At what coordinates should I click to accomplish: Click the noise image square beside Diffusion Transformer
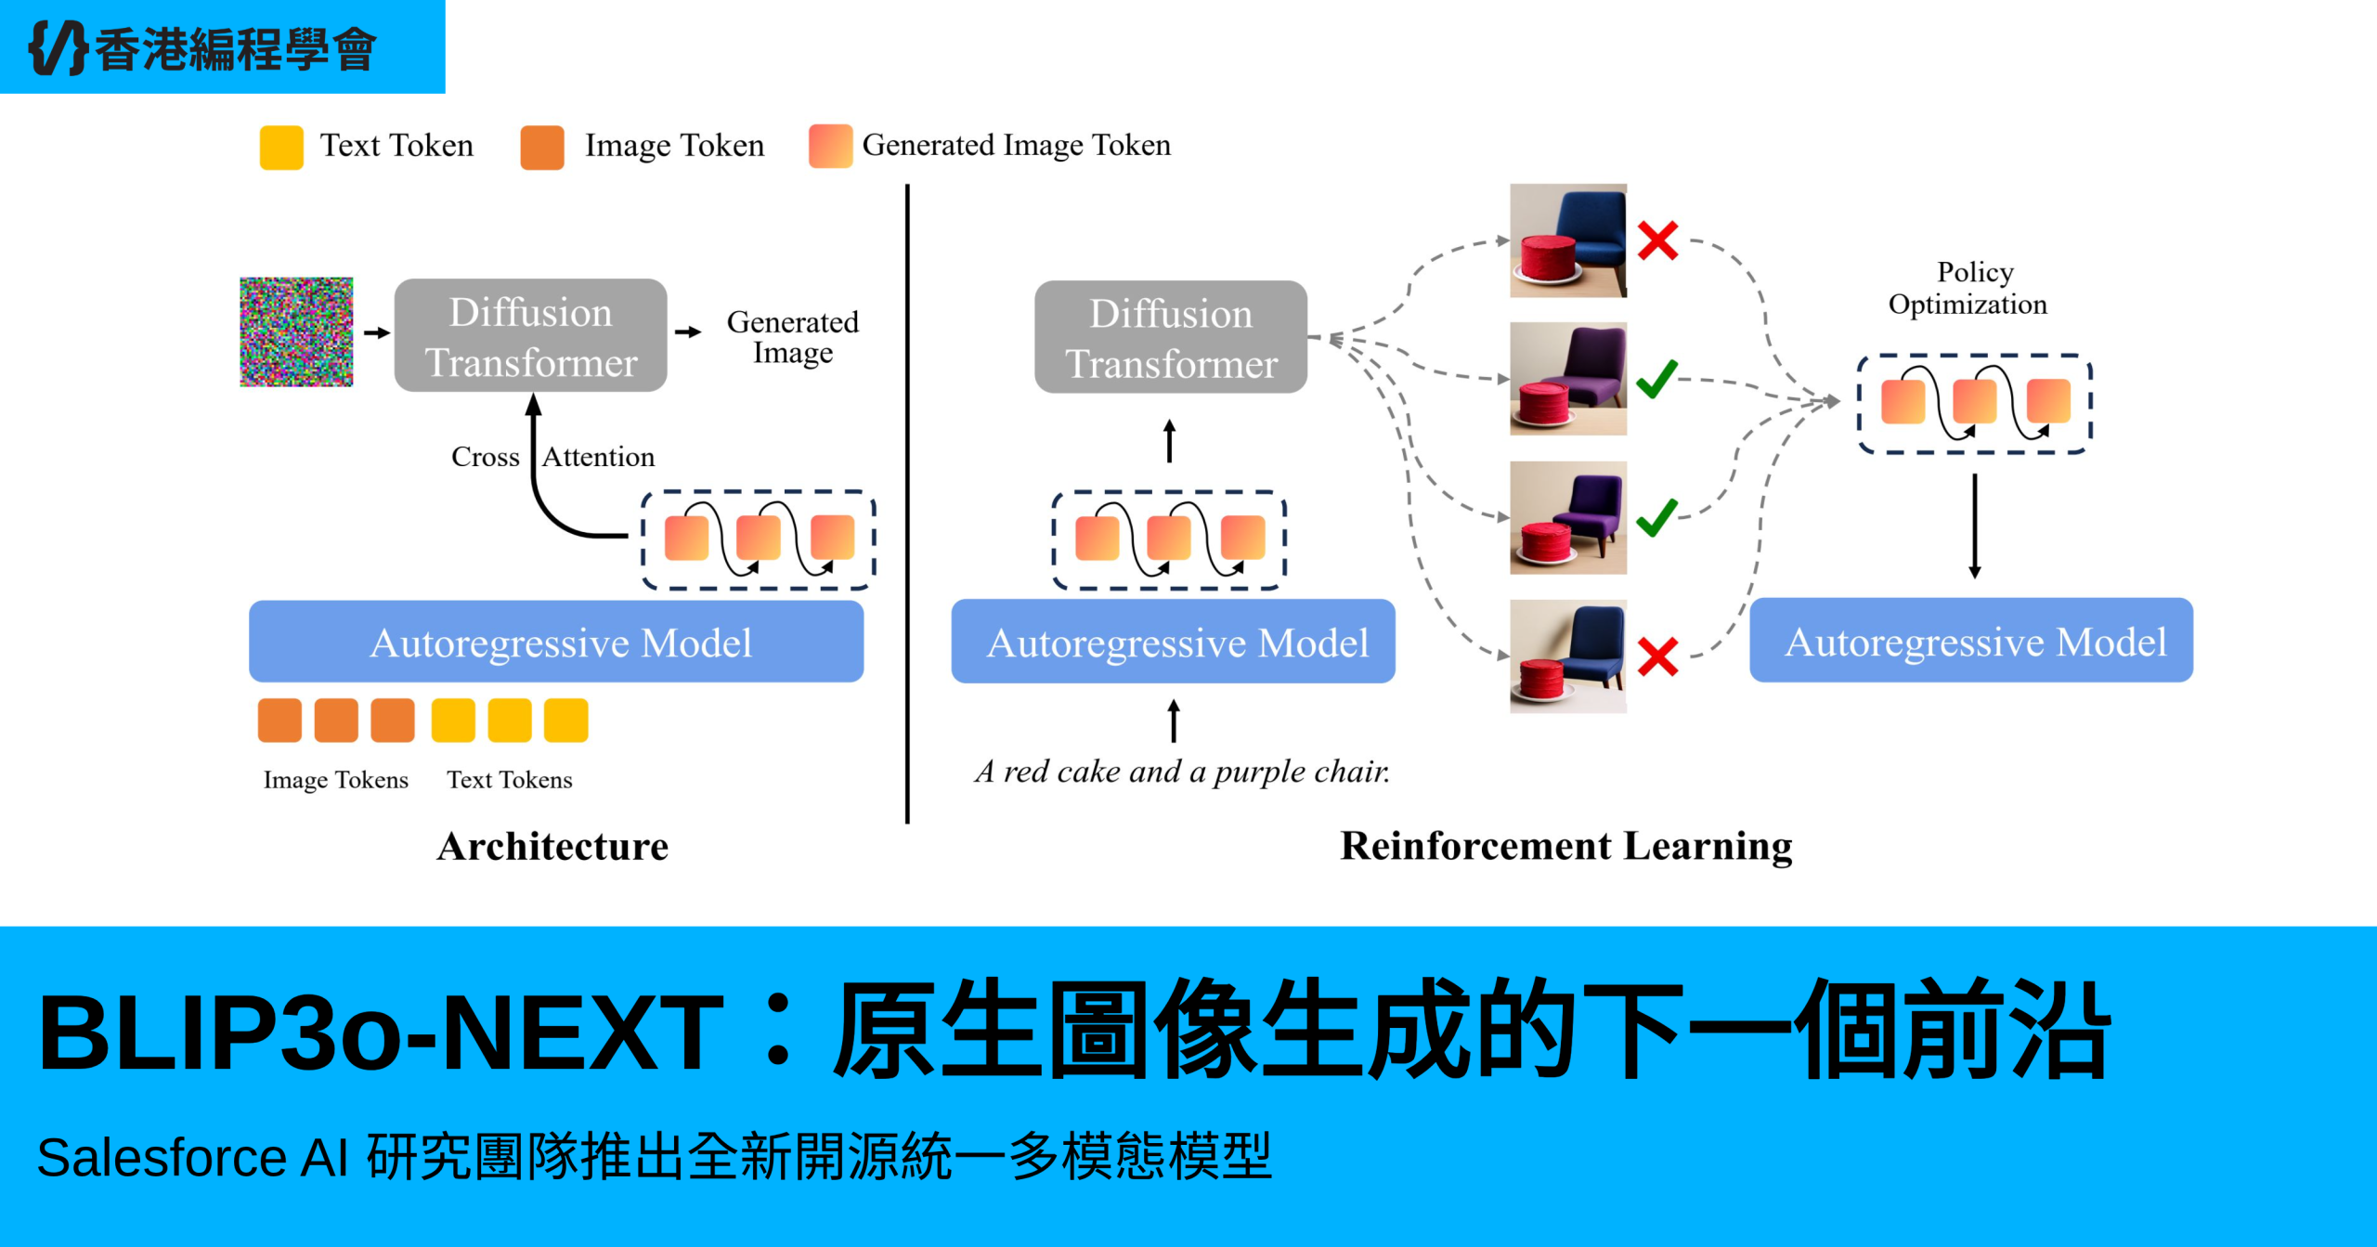pyautogui.click(x=296, y=331)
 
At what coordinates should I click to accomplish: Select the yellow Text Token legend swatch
pyautogui.click(x=281, y=147)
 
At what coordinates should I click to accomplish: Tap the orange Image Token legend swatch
pyautogui.click(x=542, y=147)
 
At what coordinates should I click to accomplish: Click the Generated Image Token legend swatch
pyautogui.click(x=830, y=146)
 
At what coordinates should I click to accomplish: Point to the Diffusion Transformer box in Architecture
pyautogui.click(x=530, y=336)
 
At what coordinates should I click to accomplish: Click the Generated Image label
pyautogui.click(x=792, y=336)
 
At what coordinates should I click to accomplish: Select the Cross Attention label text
pyautogui.click(x=553, y=457)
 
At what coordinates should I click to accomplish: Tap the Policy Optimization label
pyautogui.click(x=1968, y=288)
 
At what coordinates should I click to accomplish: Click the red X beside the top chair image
pyautogui.click(x=1657, y=240)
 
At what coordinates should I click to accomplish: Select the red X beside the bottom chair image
pyautogui.click(x=1657, y=656)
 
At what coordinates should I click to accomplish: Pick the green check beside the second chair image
pyautogui.click(x=1656, y=379)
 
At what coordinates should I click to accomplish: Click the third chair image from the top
pyautogui.click(x=1567, y=517)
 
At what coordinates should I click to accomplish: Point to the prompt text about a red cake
pyautogui.click(x=1182, y=772)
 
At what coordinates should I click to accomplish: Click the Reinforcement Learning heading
pyautogui.click(x=1565, y=846)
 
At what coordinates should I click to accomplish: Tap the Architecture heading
pyautogui.click(x=552, y=847)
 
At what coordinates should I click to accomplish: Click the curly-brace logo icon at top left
pyautogui.click(x=58, y=47)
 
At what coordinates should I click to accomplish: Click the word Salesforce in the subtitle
pyautogui.click(x=162, y=1158)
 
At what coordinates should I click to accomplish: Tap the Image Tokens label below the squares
pyautogui.click(x=335, y=780)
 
